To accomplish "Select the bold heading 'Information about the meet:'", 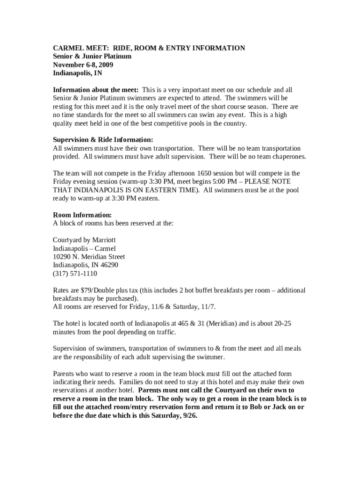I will pyautogui.click(x=95, y=89).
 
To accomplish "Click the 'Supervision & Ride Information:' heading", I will pyautogui.click(x=103, y=139).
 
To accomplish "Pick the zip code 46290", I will pyautogui.click(x=108, y=265).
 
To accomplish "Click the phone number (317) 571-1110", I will pyautogui.click(x=75, y=274).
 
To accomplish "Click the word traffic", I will pyautogui.click(x=166, y=332).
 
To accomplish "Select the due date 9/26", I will pyautogui.click(x=188, y=415).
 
